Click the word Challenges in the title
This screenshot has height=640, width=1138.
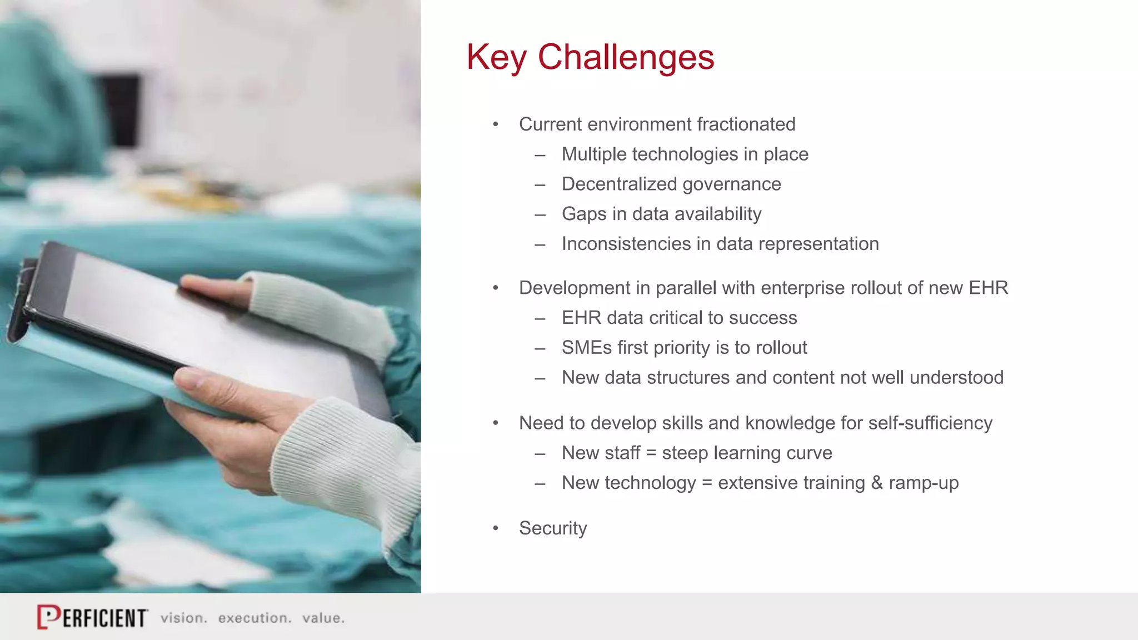pos(626,57)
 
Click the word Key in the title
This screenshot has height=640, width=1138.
pos(496,57)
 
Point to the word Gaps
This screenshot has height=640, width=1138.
pos(583,214)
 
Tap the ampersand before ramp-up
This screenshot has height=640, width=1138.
pos(877,483)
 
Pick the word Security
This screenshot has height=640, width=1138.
pos(552,528)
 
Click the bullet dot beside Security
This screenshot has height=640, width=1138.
pos(496,528)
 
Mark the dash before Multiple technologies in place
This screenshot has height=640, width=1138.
pos(540,155)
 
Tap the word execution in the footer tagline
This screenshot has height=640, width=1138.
pos(254,618)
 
